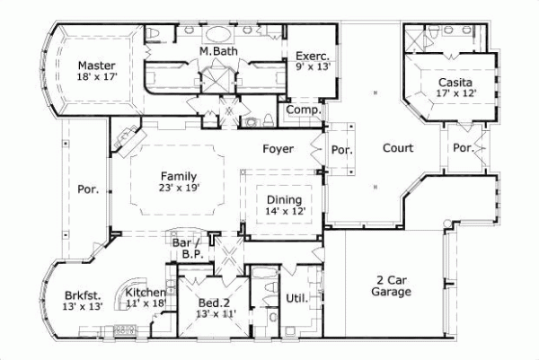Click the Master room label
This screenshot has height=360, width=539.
94,66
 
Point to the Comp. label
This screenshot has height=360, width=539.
299,110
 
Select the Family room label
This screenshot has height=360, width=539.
179,176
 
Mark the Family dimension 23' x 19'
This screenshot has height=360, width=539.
180,188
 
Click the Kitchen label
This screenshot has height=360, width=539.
144,293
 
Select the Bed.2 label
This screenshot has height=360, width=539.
215,303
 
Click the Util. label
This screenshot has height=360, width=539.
296,297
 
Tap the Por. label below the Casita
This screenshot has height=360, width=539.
463,148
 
